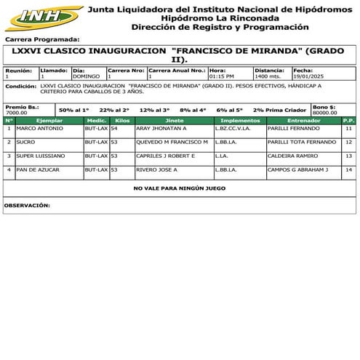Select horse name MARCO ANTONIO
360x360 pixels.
point(41,128)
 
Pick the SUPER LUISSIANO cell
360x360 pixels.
point(41,156)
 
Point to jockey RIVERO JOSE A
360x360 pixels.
point(157,169)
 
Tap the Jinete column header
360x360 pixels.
point(175,119)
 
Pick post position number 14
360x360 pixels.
point(348,169)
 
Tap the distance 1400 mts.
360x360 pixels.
point(268,76)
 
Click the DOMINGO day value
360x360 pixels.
point(87,76)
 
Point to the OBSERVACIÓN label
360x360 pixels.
point(27,206)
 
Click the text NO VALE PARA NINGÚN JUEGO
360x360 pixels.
point(180,188)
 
